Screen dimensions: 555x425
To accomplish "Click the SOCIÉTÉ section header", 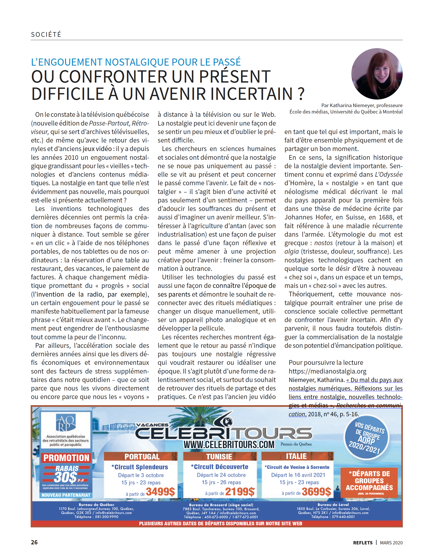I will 46,34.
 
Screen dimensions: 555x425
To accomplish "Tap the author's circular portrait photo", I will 377,74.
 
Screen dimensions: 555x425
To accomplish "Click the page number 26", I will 34,542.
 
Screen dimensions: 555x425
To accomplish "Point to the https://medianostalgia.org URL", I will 327,371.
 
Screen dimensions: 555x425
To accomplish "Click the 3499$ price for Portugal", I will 160,492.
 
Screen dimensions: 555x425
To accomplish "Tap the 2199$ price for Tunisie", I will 240,492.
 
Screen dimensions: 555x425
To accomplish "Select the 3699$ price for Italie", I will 316,492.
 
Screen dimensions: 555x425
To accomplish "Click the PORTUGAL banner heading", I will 142,457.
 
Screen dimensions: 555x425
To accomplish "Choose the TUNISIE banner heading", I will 219,457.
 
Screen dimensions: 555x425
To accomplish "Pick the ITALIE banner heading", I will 296,456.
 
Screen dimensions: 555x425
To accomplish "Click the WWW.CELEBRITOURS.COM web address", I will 229,444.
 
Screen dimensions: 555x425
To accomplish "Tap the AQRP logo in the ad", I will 66,423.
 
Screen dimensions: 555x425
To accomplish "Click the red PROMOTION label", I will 66,458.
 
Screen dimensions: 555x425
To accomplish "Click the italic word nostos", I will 323,243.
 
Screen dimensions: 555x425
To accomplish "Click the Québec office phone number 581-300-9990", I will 107,517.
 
